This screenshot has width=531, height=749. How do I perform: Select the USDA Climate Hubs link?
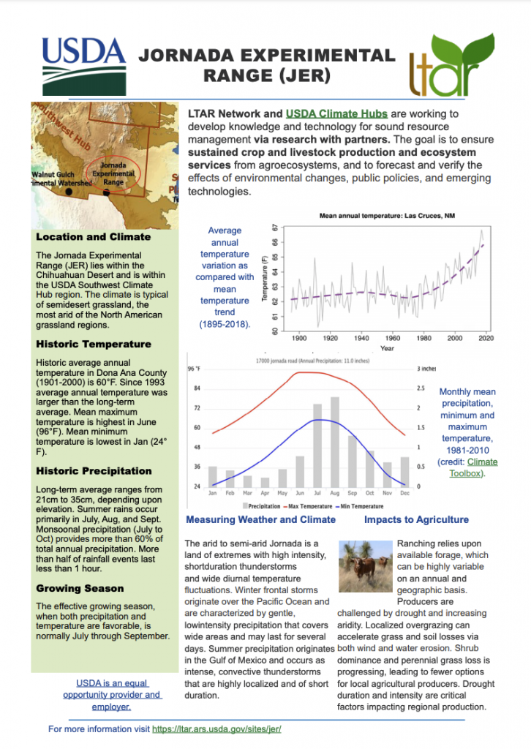tap(336, 114)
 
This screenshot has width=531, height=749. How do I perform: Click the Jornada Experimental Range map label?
tap(112, 172)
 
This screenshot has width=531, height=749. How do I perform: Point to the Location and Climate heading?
tap(93, 237)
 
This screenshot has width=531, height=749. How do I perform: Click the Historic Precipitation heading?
tap(94, 471)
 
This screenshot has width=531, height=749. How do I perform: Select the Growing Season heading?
tap(80, 588)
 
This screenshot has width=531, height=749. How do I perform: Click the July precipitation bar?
tap(317, 445)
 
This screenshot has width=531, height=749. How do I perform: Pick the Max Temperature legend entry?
tap(300, 506)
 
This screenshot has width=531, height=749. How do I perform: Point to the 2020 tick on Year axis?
tap(486, 339)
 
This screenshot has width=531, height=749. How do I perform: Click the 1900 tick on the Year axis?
tap(299, 339)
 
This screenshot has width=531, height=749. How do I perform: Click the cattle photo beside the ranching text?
tap(366, 564)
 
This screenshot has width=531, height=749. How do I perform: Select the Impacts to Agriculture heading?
tap(416, 519)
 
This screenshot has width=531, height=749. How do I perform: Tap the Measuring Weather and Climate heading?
tap(261, 519)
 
